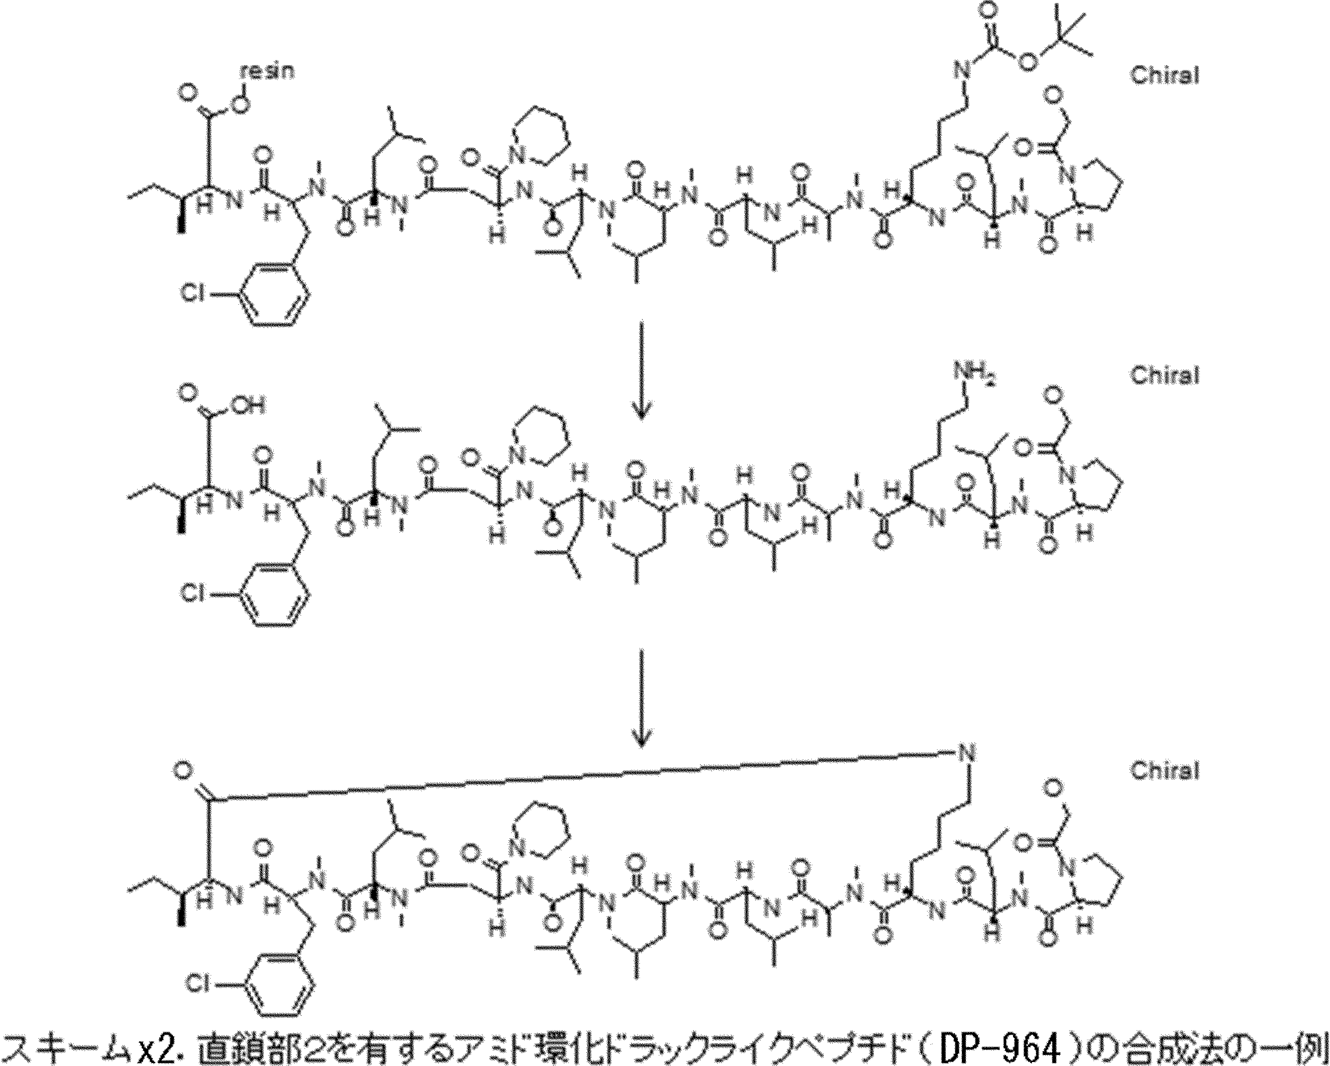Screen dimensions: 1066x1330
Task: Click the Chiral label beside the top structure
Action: (x=1164, y=76)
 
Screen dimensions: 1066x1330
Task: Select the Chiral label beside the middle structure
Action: (x=1164, y=375)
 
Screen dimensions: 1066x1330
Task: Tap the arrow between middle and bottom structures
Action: (x=641, y=697)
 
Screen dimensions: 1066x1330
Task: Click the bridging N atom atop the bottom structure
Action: (x=967, y=752)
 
